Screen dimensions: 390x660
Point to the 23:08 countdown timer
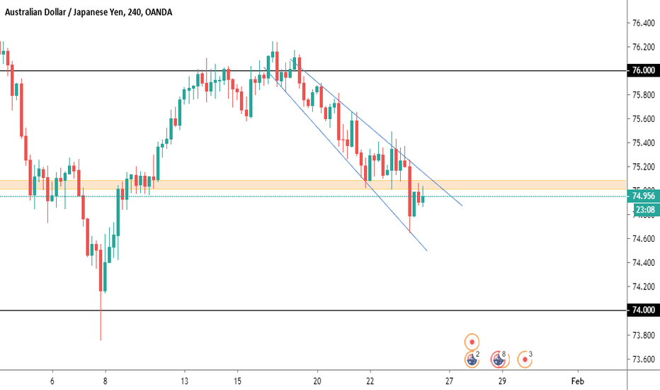[643, 210]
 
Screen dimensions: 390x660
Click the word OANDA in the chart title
[156, 12]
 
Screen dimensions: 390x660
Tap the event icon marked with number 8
[499, 360]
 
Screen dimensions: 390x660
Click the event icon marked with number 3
[525, 359]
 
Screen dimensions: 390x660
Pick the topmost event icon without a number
[472, 341]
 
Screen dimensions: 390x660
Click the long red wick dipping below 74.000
[101, 319]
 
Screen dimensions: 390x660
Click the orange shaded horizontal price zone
[212, 184]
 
